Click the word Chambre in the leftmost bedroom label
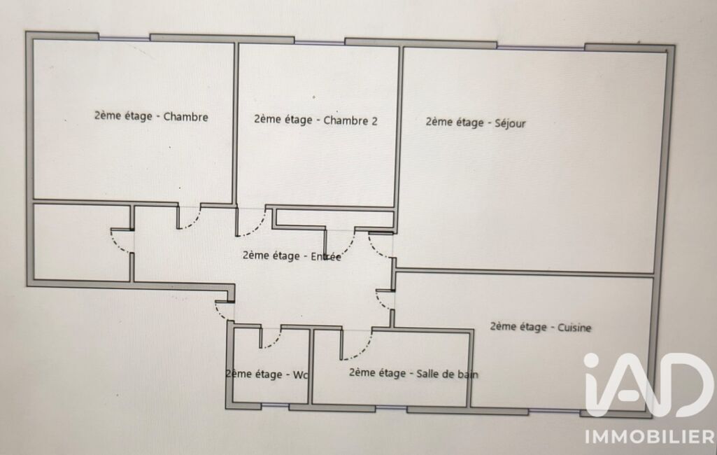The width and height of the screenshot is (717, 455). click(x=185, y=117)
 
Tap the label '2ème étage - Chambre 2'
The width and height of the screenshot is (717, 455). click(x=316, y=120)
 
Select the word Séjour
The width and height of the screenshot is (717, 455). click(x=511, y=123)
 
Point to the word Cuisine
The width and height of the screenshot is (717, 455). click(x=574, y=328)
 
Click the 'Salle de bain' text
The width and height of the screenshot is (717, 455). click(x=447, y=374)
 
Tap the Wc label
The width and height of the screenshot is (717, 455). click(x=300, y=375)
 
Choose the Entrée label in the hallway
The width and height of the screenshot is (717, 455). click(x=325, y=256)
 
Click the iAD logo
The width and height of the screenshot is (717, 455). click(x=648, y=385)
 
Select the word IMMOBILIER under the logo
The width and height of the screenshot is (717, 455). click(x=651, y=436)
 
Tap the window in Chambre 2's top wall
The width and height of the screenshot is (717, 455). click(x=319, y=42)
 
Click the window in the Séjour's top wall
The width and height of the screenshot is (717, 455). click(x=541, y=47)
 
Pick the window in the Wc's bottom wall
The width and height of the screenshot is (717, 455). click(x=276, y=406)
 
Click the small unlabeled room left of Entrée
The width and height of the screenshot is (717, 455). click(x=83, y=241)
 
